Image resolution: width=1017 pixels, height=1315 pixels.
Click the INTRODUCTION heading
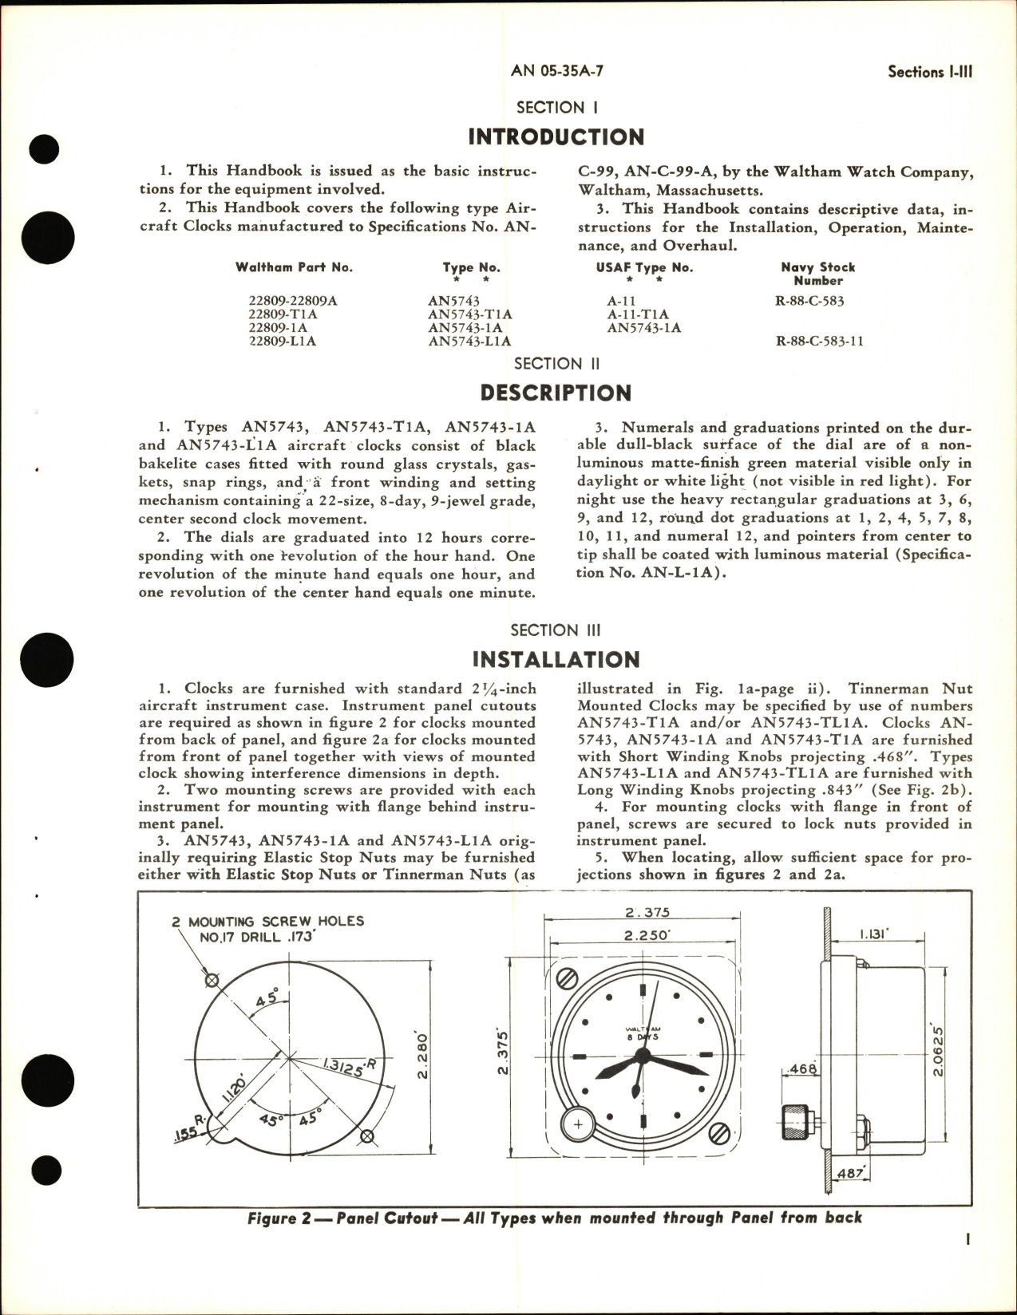coord(556,137)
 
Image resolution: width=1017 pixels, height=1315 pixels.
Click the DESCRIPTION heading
coord(556,393)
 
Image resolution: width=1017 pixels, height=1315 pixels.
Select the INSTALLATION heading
coord(556,660)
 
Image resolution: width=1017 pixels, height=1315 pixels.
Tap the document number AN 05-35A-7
coord(556,70)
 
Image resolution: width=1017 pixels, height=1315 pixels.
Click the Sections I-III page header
coord(930,72)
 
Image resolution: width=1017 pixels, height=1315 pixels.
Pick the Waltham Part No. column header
coord(293,267)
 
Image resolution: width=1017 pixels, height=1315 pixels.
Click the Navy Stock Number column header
coord(817,274)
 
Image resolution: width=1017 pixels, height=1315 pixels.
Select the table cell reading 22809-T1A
coord(283,314)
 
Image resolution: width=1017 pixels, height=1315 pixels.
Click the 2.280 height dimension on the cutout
coord(423,1055)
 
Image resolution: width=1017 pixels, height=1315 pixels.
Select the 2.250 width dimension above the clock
coord(647,935)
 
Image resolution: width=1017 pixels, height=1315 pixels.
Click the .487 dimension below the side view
coord(851,1173)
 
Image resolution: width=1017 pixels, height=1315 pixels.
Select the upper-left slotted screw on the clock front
coord(568,975)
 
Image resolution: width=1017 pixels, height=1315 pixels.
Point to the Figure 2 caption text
coord(555,1218)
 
